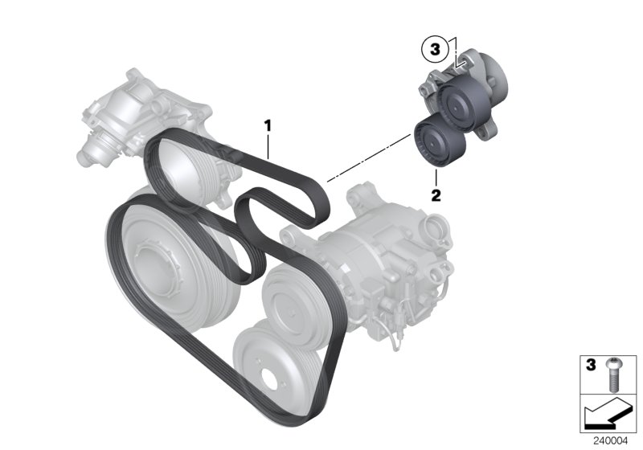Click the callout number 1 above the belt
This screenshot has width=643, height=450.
[x=268, y=125]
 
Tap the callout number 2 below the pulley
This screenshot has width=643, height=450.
[x=436, y=195]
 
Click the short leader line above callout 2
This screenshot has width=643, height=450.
[x=436, y=178]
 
